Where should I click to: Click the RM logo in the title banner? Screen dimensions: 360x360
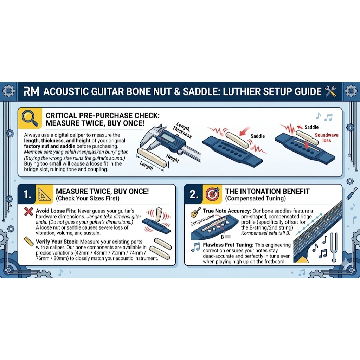click(x=31, y=91)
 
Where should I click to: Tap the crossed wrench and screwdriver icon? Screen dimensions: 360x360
click(x=330, y=91)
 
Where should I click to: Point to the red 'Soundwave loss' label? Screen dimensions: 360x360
click(x=327, y=138)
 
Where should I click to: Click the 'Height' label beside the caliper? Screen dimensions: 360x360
click(x=172, y=158)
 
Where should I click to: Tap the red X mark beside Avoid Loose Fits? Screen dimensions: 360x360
click(x=28, y=211)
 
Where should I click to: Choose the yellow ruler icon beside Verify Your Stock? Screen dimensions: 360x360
click(x=29, y=242)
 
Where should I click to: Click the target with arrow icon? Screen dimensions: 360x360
click(x=213, y=194)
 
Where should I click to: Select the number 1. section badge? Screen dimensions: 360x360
click(x=27, y=194)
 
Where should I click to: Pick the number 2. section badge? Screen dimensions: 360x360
click(x=194, y=194)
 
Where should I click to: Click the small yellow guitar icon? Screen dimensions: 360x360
click(x=195, y=212)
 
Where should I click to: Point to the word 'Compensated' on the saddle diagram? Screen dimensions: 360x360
click(x=202, y=220)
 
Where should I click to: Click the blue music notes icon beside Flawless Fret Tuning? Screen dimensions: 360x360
click(x=195, y=247)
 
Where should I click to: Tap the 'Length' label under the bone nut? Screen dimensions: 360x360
click(x=146, y=165)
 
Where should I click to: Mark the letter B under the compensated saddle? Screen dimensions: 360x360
click(x=222, y=237)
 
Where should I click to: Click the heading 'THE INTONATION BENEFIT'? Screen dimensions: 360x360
click(x=267, y=192)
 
